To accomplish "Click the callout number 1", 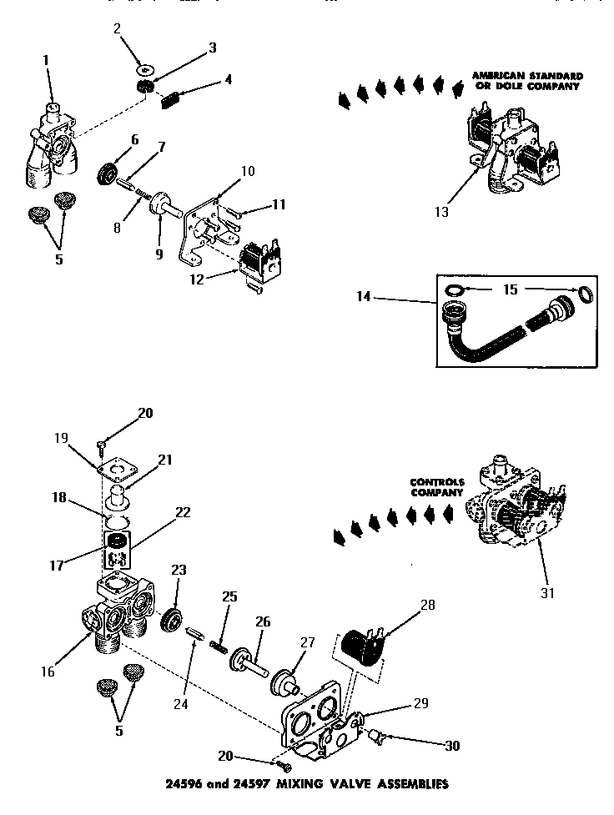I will point(47,61).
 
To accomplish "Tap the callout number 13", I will point(442,212).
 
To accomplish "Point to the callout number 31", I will point(548,594).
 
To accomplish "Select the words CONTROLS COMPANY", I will point(435,487).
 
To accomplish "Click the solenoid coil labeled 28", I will point(360,646).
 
